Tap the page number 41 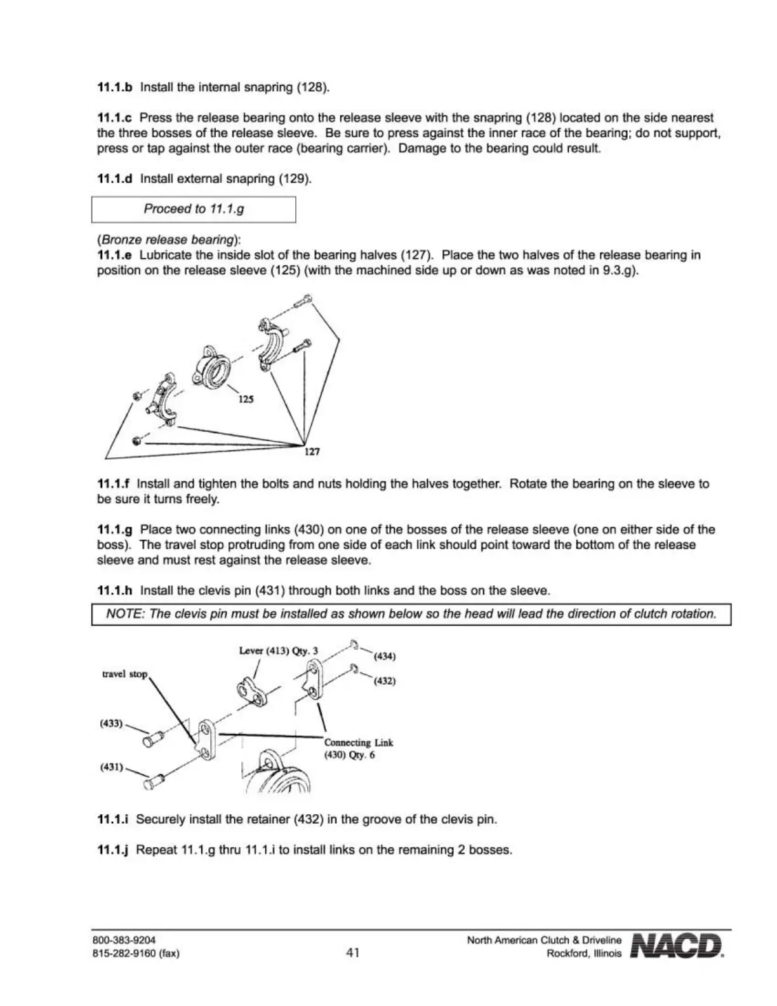353,952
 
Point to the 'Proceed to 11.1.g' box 194,209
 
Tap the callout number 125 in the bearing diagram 246,399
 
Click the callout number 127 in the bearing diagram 311,452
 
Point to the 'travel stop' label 124,674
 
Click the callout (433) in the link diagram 111,723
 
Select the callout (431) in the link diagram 111,767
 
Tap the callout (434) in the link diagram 385,656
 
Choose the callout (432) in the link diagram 385,681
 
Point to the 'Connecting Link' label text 359,742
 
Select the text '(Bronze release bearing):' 169,240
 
